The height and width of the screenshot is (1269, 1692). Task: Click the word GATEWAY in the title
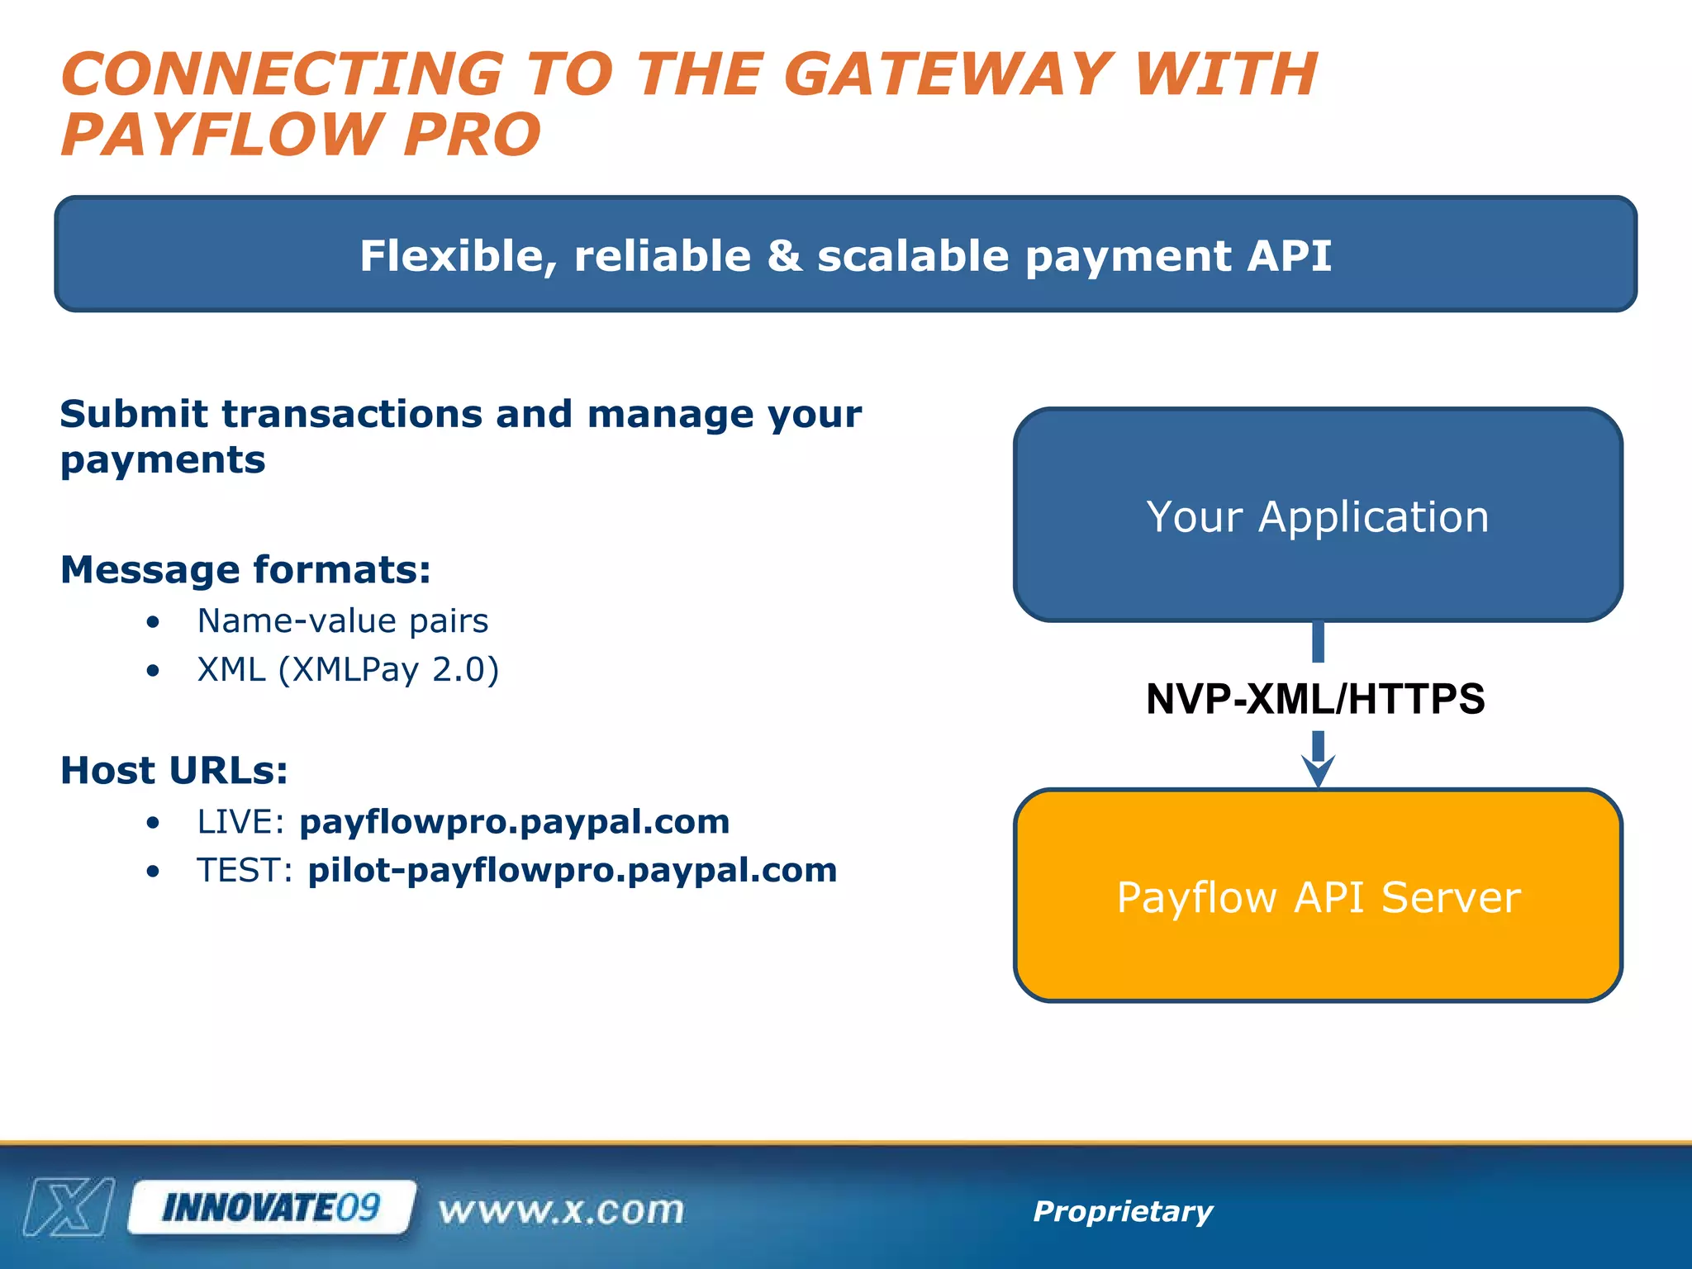click(947, 74)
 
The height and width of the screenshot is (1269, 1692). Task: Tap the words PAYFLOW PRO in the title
click(301, 135)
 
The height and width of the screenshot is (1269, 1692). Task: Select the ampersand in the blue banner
click(784, 255)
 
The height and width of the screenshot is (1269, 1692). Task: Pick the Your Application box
click(1318, 515)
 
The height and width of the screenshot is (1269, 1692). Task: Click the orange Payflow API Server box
click(1318, 896)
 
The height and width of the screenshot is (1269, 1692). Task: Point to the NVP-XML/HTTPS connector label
click(1315, 699)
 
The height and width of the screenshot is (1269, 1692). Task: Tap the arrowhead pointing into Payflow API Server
click(1318, 772)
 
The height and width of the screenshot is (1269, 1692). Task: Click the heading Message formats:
click(245, 570)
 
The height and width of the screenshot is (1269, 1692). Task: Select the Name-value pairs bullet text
click(343, 621)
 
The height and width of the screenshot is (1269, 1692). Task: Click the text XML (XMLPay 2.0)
click(348, 670)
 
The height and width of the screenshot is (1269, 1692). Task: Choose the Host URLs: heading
click(174, 771)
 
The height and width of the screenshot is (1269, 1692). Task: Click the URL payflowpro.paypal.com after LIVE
click(514, 822)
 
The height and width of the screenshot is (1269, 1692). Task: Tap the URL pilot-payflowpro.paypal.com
click(572, 871)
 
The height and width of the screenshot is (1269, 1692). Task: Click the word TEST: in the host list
click(245, 871)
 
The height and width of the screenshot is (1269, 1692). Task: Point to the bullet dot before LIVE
click(153, 823)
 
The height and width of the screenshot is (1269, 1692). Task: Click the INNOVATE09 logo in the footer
click(271, 1208)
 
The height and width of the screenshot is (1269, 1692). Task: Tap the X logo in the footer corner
click(69, 1208)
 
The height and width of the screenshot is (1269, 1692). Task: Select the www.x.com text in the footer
click(562, 1210)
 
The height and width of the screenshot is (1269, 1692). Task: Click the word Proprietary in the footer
click(1123, 1211)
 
